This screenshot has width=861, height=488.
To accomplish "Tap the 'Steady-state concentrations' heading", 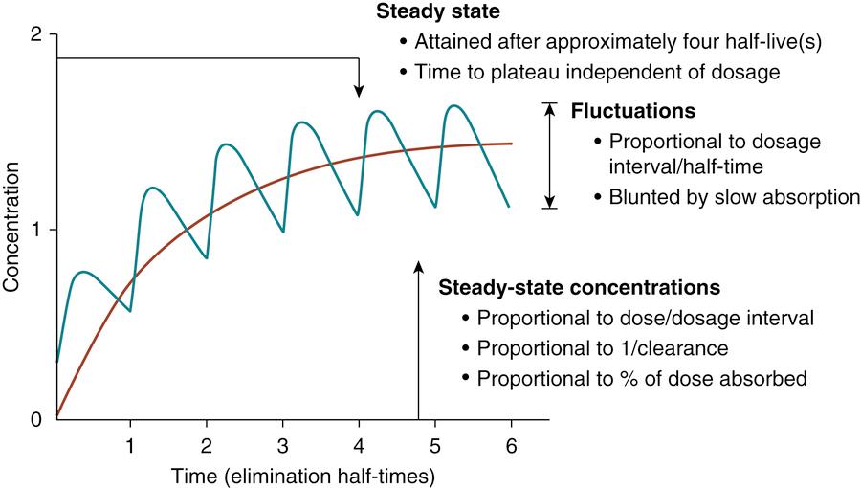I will click(579, 286).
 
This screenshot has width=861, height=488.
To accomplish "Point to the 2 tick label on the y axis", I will click(37, 35).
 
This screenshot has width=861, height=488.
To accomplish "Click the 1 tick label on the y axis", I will click(37, 230).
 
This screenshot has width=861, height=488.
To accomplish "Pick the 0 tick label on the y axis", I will click(37, 418).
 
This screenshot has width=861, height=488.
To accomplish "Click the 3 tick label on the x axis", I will click(282, 445).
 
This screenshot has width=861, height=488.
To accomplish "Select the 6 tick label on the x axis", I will click(510, 445).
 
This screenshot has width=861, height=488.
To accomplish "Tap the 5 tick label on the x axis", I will click(434, 445).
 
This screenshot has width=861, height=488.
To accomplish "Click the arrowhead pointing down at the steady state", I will click(359, 91).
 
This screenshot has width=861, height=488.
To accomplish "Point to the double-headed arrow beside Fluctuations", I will click(549, 155).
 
